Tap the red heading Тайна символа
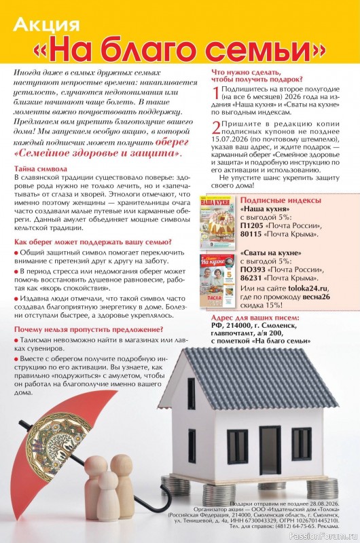click(x=41, y=168)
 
